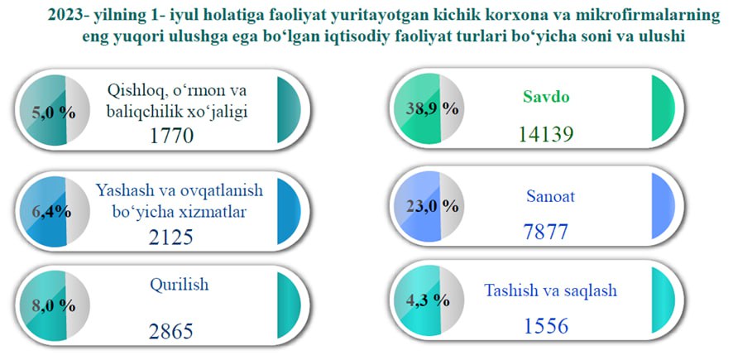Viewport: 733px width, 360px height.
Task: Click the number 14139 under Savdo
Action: tap(545, 134)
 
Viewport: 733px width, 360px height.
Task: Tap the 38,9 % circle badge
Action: tap(429, 109)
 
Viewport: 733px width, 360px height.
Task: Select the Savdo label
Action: tap(545, 98)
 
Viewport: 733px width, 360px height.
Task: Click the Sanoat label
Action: tap(550, 196)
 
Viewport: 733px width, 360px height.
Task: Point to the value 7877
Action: tap(545, 232)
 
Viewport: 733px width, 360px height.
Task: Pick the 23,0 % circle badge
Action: tap(429, 206)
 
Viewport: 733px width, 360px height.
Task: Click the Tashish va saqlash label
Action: tap(550, 290)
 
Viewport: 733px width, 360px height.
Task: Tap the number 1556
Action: tap(545, 326)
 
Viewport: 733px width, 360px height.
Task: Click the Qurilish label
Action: tap(179, 284)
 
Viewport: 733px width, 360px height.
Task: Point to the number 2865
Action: tap(171, 332)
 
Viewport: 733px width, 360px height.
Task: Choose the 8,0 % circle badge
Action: tap(55, 305)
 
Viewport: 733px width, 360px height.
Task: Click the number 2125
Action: tap(171, 237)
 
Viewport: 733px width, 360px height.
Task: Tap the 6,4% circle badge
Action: tap(55, 212)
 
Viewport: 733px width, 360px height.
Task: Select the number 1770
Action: tap(171, 136)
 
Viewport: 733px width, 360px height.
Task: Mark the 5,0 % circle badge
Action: tap(55, 110)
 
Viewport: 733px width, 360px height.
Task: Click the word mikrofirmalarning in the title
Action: tap(652, 16)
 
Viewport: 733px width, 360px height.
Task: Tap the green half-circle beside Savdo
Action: tap(663, 108)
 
